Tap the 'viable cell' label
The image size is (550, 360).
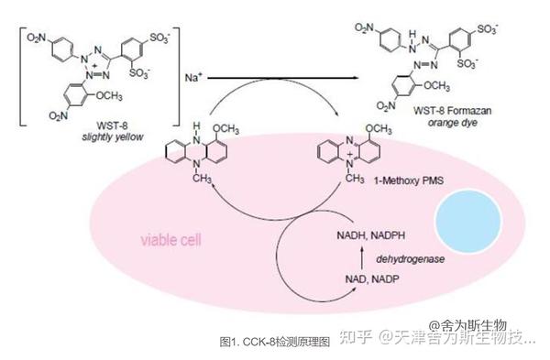171,241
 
